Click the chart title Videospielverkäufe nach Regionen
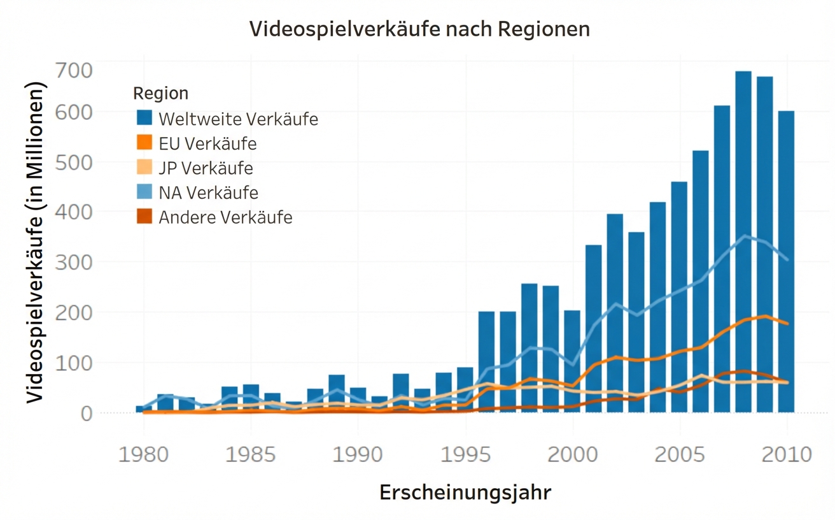(419, 29)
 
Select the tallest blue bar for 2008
(743, 242)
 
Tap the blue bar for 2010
(787, 261)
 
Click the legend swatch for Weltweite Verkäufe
(144, 118)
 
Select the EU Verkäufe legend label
(207, 143)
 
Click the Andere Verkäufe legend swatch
(144, 217)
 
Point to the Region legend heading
(160, 94)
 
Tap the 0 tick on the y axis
(87, 413)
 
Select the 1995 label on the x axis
(465, 456)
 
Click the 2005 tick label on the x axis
(680, 456)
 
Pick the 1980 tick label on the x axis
(144, 456)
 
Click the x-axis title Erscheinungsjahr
(465, 493)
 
